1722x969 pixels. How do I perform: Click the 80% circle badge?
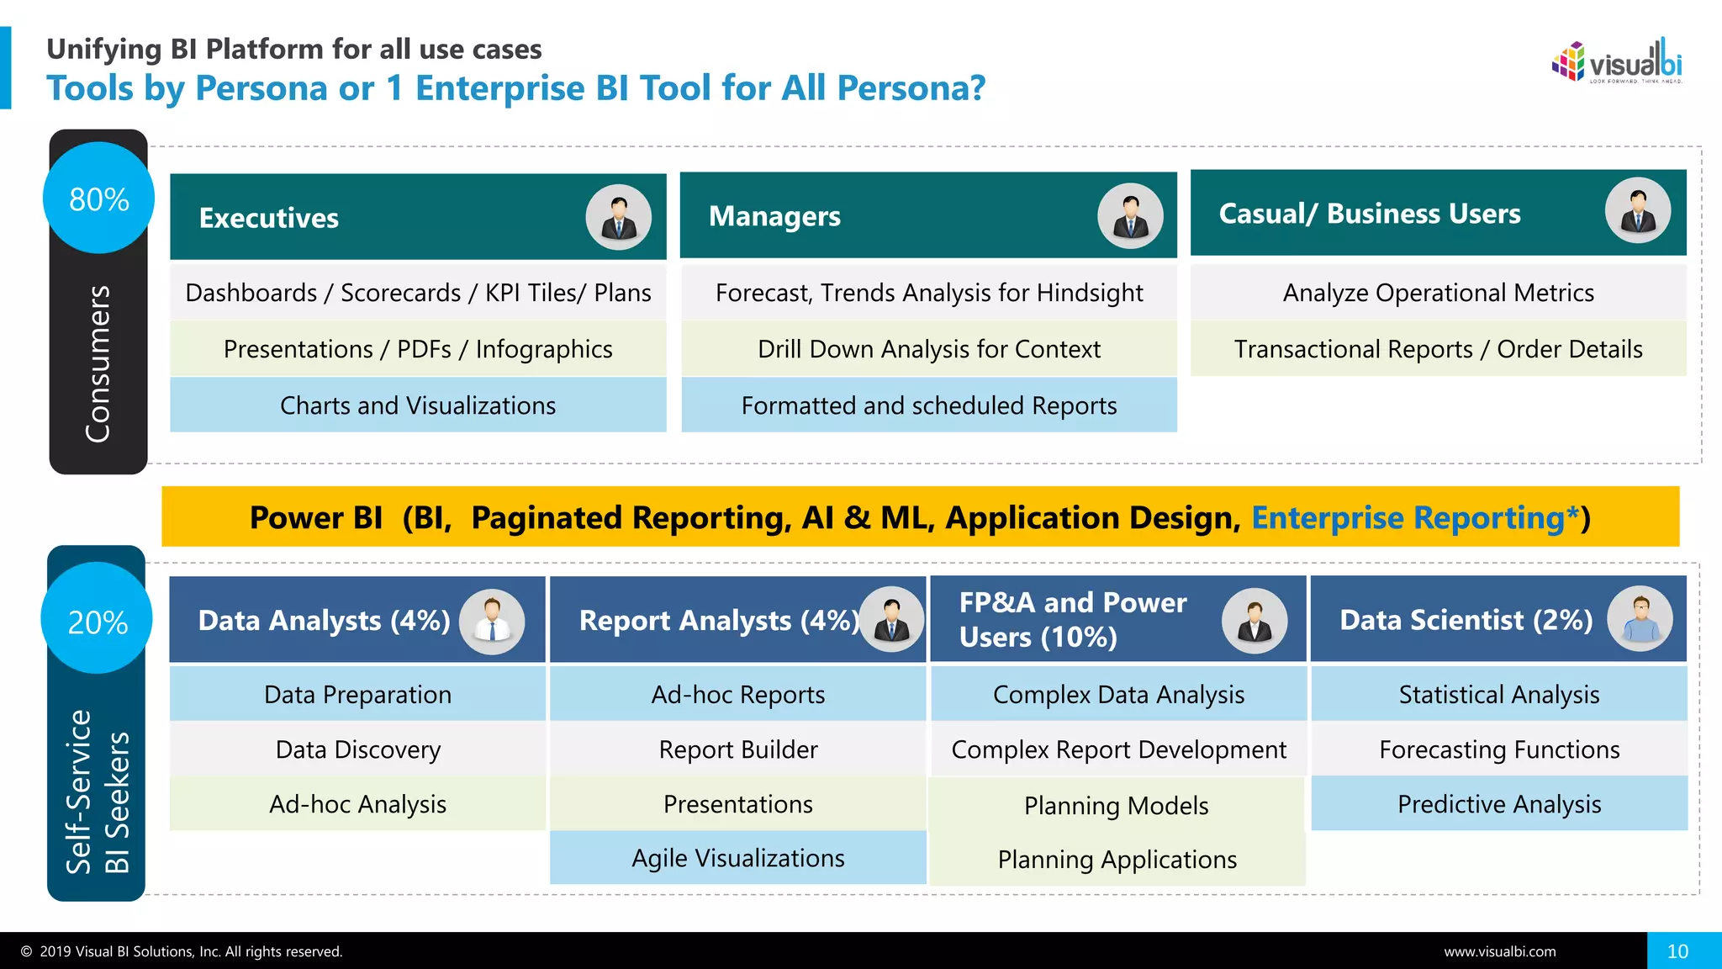pyautogui.click(x=98, y=199)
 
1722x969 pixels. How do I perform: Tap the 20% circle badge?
pyautogui.click(x=97, y=621)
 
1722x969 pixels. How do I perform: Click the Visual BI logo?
pyautogui.click(x=1616, y=62)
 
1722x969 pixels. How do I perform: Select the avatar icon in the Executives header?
pyautogui.click(x=619, y=217)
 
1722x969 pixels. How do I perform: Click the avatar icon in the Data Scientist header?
pyautogui.click(x=1640, y=619)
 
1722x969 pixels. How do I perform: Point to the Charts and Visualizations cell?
pyautogui.click(x=418, y=405)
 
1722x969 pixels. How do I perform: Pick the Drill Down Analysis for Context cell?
pyautogui.click(x=928, y=349)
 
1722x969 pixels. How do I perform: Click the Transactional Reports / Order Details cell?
pyautogui.click(x=1438, y=349)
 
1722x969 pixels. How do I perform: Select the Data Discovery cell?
pyautogui.click(x=357, y=749)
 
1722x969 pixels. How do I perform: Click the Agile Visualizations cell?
pyautogui.click(x=737, y=858)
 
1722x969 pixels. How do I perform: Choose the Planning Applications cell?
pyautogui.click(x=1117, y=860)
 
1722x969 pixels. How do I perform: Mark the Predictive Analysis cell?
pyautogui.click(x=1498, y=804)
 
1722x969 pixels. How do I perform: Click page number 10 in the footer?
pyautogui.click(x=1677, y=951)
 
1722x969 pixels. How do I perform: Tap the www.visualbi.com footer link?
pyautogui.click(x=1499, y=951)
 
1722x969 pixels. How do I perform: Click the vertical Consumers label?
pyautogui.click(x=98, y=363)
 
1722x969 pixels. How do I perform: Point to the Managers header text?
pyautogui.click(x=774, y=216)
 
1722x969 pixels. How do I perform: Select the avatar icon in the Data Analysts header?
pyautogui.click(x=492, y=622)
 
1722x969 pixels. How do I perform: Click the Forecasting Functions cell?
pyautogui.click(x=1498, y=749)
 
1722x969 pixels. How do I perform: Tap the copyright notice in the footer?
pyautogui.click(x=182, y=951)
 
